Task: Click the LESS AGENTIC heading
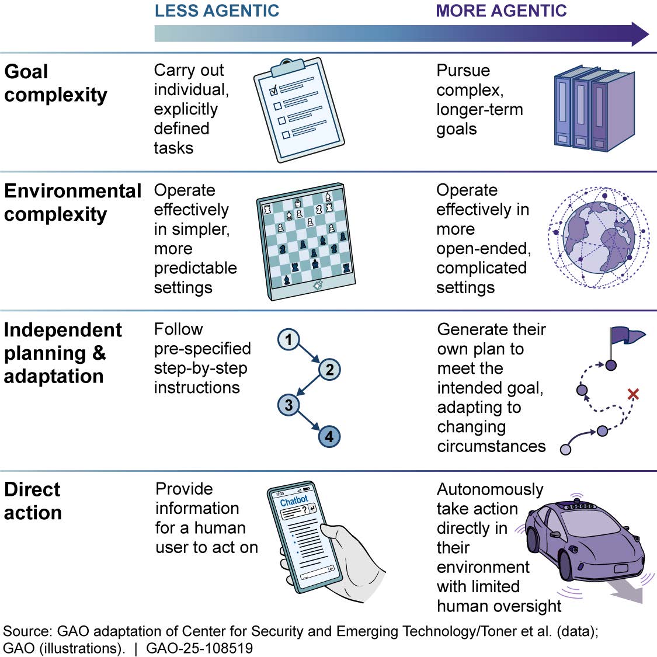click(217, 11)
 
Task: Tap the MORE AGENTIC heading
click(501, 11)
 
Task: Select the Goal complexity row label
click(55, 83)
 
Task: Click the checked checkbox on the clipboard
click(273, 92)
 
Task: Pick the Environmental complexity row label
click(72, 202)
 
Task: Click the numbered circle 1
click(288, 339)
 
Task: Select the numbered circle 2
click(329, 369)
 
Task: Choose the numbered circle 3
click(288, 404)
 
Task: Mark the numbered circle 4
click(329, 436)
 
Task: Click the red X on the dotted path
click(632, 395)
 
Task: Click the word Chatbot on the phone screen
click(294, 500)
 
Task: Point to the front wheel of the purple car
click(566, 561)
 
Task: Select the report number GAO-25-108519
click(199, 648)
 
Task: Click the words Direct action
click(33, 501)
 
